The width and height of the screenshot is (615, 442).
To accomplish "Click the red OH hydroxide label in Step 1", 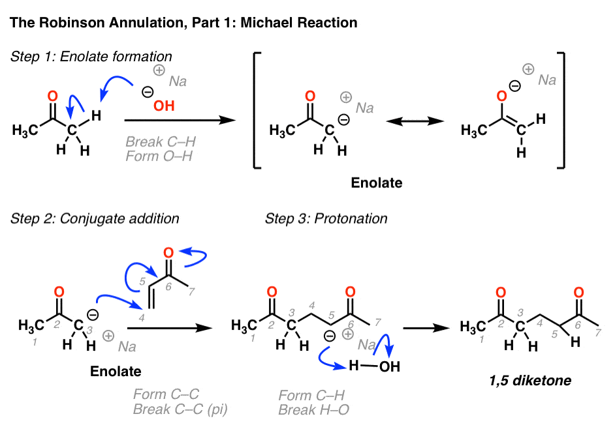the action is (x=164, y=106).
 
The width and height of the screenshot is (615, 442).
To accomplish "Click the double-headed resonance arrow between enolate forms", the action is (x=415, y=121).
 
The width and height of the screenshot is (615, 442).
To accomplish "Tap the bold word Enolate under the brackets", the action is (x=377, y=183).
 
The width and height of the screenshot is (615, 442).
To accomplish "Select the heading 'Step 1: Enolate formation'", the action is (x=91, y=56).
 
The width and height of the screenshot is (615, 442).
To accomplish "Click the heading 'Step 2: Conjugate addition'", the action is (x=95, y=218).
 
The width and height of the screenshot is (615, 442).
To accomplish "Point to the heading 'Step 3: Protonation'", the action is (x=326, y=218).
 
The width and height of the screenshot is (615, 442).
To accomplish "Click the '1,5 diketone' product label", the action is (x=530, y=381).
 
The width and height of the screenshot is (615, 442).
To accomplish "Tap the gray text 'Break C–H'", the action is (x=161, y=141).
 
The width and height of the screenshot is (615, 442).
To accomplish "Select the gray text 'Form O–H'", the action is (x=159, y=156).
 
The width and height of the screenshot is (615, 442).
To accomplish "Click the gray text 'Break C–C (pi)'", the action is (x=180, y=409).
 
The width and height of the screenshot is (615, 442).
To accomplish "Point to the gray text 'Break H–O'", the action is (x=313, y=410).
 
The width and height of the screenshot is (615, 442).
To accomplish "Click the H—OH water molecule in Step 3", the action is (x=374, y=366).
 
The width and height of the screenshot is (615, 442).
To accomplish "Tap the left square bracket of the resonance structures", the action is (x=257, y=110).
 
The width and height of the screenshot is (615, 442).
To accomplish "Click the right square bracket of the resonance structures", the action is (x=561, y=110).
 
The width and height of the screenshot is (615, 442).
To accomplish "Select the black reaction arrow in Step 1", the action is (x=180, y=120).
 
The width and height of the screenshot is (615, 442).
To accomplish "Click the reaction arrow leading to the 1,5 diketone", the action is (x=426, y=328).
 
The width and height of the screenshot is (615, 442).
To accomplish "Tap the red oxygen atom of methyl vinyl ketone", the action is (x=168, y=253).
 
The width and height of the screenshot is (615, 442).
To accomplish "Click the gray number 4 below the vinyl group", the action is (x=142, y=317).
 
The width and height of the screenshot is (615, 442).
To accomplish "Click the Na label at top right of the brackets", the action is (x=547, y=80).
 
